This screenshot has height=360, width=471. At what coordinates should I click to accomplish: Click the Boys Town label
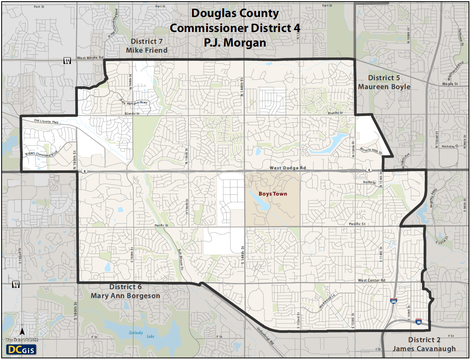(273, 194)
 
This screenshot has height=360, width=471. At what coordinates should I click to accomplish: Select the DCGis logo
(19, 349)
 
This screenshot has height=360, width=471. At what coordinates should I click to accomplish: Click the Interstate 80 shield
(418, 321)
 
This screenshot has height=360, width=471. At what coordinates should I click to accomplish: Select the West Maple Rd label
(90, 58)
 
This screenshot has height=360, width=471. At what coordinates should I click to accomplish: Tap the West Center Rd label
(371, 280)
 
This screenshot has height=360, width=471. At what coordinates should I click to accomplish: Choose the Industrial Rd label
(265, 336)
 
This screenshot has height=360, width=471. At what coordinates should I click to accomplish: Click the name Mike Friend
(147, 50)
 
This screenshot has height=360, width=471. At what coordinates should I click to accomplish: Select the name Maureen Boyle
(384, 87)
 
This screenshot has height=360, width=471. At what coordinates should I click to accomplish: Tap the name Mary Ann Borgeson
(125, 296)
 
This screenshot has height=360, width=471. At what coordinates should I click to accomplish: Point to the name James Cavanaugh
(424, 349)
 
